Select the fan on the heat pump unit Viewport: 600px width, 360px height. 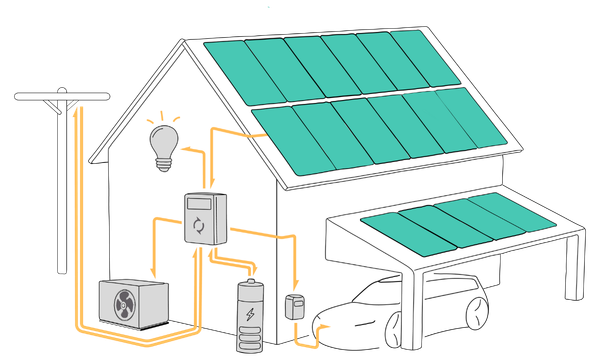pyautogui.click(x=125, y=304)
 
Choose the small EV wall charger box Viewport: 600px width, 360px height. pyautogui.click(x=294, y=306)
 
